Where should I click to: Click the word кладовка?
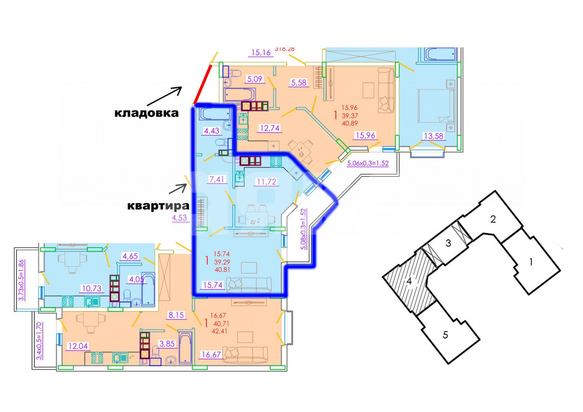click(147, 113)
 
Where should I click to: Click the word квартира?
click(158, 206)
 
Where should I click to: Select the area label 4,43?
click(212, 131)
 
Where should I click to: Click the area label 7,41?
click(217, 179)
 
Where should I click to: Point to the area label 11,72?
click(266, 182)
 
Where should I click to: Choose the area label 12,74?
click(270, 128)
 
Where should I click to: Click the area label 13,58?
click(434, 136)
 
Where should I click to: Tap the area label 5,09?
click(255, 79)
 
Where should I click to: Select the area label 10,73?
click(92, 288)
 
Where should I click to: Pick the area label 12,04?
click(78, 346)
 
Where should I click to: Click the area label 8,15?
click(176, 315)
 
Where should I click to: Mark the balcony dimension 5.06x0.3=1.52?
click(368, 163)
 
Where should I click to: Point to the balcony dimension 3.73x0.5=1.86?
click(21, 280)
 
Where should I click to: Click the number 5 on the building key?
click(445, 335)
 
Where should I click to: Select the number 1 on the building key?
click(531, 262)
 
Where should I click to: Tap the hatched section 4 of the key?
click(409, 282)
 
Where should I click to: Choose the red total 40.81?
click(222, 269)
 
